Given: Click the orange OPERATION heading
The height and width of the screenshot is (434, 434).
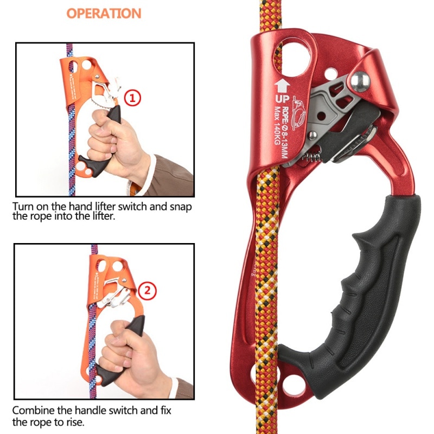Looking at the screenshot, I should click(104, 13).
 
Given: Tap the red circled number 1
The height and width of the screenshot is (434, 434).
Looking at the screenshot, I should click(133, 98).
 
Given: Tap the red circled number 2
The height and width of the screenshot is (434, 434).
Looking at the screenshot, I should click(147, 291).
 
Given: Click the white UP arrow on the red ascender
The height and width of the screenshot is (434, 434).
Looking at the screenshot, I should click(281, 85).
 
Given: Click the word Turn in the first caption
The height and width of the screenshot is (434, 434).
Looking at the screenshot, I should click(22, 207).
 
